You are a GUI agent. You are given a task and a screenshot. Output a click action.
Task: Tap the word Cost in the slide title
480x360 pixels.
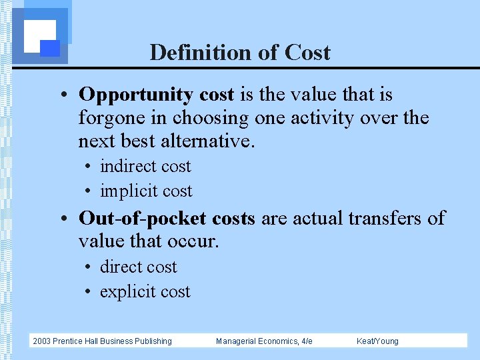pyautogui.click(x=307, y=52)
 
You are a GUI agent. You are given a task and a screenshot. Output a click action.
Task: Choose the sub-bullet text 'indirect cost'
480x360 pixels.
pyautogui.click(x=145, y=167)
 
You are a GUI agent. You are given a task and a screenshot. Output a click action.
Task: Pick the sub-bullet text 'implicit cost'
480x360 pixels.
pyautogui.click(x=146, y=191)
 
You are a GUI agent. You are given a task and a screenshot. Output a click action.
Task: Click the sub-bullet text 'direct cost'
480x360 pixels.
pyautogui.click(x=138, y=267)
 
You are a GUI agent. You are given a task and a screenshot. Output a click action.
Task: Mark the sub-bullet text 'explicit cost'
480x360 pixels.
pyautogui.click(x=145, y=292)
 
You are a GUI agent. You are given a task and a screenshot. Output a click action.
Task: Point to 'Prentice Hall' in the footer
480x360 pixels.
pyautogui.click(x=79, y=341)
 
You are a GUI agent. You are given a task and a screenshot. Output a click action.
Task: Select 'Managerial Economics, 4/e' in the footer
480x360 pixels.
pyautogui.click(x=264, y=341)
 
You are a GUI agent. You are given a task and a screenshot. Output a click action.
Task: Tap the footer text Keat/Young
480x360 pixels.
pyautogui.click(x=377, y=341)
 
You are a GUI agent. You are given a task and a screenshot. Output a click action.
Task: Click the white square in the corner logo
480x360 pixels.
pyautogui.click(x=38, y=34)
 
